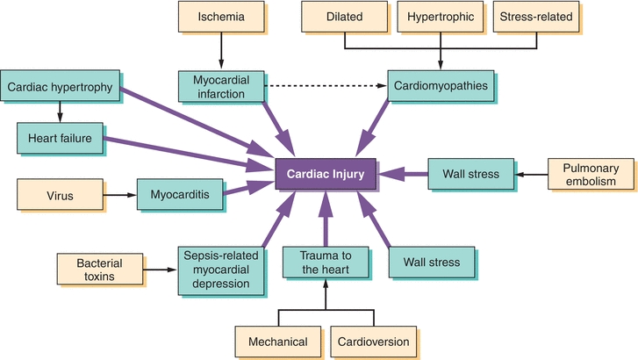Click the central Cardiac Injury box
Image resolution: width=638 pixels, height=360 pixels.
tap(326, 174)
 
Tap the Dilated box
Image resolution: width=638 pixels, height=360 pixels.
tap(344, 17)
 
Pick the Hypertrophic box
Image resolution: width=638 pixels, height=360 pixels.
tap(440, 17)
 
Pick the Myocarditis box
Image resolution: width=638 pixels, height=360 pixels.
tap(179, 193)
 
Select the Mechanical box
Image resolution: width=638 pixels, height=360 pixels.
tap(277, 342)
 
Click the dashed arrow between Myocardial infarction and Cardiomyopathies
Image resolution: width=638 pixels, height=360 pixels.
tap(325, 87)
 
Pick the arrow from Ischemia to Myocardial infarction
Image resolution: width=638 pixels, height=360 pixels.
tap(219, 49)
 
